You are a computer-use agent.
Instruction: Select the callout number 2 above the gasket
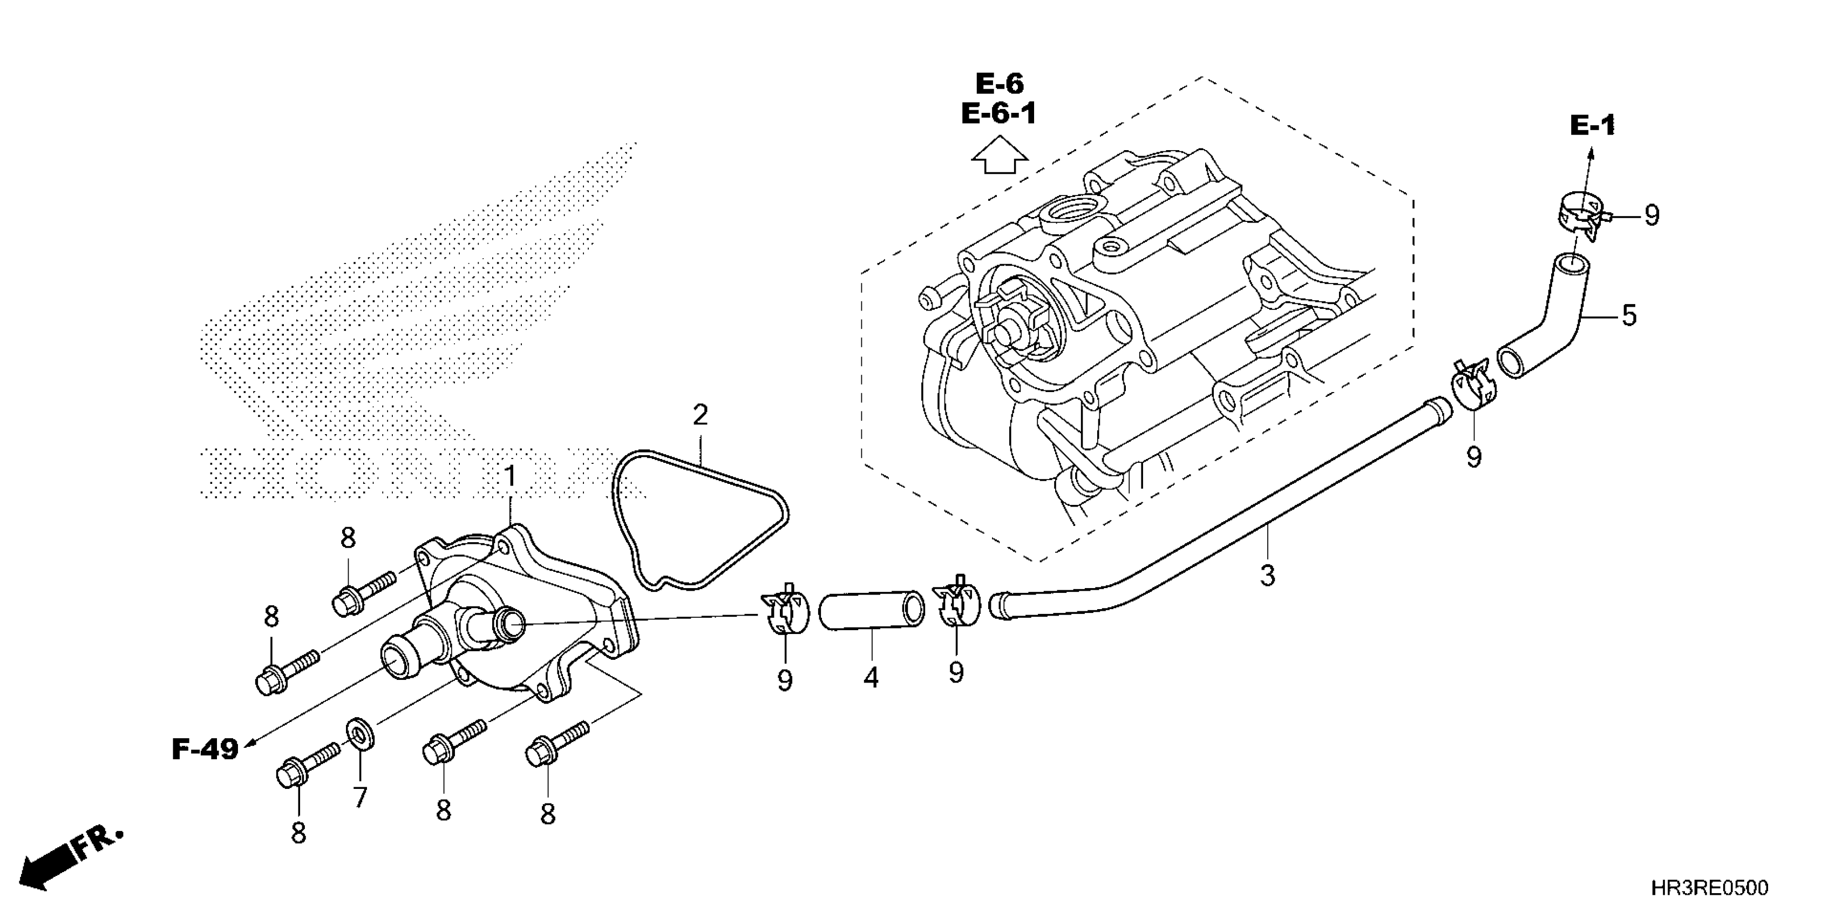tap(700, 415)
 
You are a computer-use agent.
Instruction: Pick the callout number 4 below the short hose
tap(871, 678)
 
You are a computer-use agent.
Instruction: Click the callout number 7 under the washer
tap(361, 797)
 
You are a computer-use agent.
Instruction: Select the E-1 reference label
tap(1592, 126)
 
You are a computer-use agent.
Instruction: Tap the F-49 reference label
tap(205, 749)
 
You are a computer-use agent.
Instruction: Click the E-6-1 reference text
tap(998, 114)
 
